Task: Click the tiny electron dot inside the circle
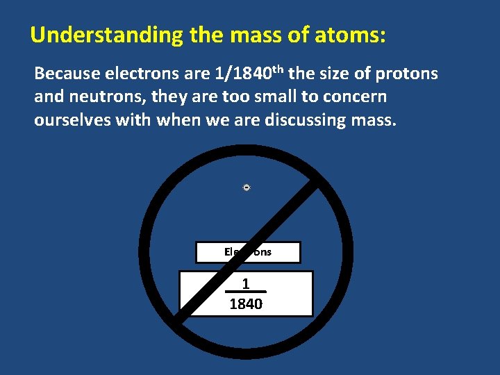point(247,187)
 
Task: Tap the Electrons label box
point(248,252)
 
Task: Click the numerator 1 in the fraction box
point(246,283)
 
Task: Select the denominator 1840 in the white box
point(246,303)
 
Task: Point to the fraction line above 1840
point(246,292)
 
